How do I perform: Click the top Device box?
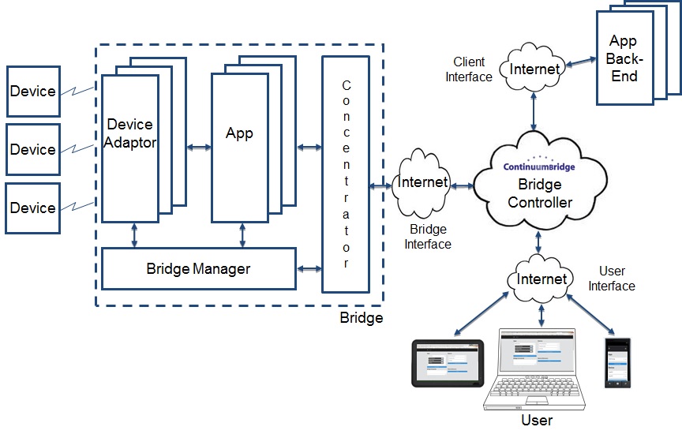(x=32, y=91)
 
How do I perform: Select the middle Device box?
(x=32, y=149)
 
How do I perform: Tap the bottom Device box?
(x=32, y=208)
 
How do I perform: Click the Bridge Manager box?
(x=198, y=268)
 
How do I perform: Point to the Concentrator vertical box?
(x=346, y=174)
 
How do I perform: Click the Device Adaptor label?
(x=130, y=133)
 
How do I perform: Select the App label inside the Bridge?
(x=239, y=133)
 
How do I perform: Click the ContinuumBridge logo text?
(x=540, y=167)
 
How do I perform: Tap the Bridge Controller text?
(x=540, y=193)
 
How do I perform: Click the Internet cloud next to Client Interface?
(x=535, y=69)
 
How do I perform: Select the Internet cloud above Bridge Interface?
(x=424, y=183)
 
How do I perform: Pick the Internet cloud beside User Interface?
(x=541, y=279)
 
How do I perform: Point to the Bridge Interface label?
(x=428, y=237)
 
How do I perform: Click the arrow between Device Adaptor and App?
(x=197, y=147)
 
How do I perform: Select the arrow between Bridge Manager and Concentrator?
(x=309, y=268)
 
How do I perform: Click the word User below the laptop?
(x=537, y=420)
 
